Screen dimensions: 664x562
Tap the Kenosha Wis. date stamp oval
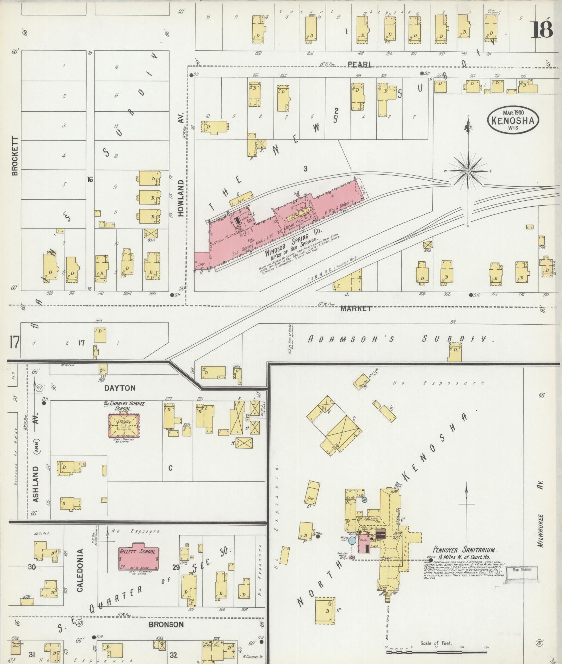(513, 120)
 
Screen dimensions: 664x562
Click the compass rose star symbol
(468, 171)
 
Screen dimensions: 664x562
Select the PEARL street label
(360, 64)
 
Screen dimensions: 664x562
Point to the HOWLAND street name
(181, 198)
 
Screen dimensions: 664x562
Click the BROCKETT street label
(14, 156)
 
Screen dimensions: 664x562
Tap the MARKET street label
(356, 308)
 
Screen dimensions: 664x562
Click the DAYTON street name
(120, 388)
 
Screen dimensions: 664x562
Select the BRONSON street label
(166, 625)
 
